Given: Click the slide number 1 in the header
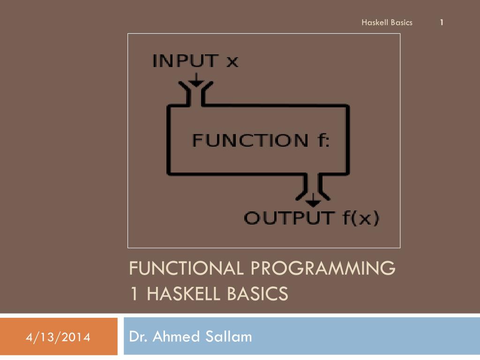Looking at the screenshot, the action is tap(442, 22).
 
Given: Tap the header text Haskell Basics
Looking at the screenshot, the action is tap(387, 22).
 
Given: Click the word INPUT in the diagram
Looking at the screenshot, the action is tap(186, 60).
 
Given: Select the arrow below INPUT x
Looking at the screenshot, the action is tap(196, 80).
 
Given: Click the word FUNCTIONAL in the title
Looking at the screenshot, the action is tap(186, 268).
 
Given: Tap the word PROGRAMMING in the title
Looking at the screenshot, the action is tap(323, 268).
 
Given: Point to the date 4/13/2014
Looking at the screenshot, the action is tap(58, 337).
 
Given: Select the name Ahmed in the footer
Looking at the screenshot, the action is tap(176, 337).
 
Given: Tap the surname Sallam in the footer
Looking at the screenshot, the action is tap(228, 337).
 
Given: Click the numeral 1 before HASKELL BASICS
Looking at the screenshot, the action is tap(134, 293).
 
